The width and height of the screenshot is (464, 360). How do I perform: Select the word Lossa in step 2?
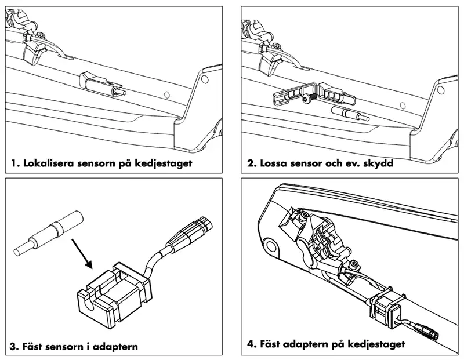coord(272,163)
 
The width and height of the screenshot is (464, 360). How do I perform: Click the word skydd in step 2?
coord(377,163)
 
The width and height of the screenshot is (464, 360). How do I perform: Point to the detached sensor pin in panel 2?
coord(349,113)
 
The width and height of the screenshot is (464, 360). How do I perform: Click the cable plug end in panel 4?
coord(428,333)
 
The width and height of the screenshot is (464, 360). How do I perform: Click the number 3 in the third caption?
coord(14,347)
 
